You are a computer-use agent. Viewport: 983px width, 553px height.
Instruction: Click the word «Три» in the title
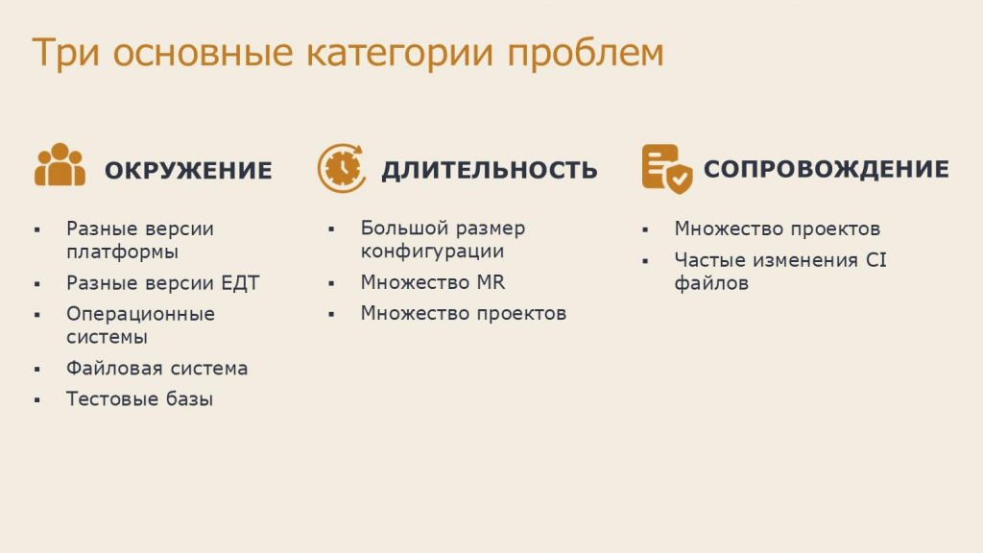[66, 53]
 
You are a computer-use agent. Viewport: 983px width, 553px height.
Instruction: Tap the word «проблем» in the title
[585, 53]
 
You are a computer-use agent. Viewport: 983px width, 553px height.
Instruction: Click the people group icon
[60, 165]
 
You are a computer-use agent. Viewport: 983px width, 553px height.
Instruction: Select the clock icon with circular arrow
[342, 168]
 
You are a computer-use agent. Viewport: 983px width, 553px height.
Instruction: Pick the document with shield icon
[667, 169]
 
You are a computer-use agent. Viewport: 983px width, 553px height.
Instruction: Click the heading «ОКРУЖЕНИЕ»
[188, 171]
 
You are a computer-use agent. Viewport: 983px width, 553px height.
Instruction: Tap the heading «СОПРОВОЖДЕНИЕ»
[827, 169]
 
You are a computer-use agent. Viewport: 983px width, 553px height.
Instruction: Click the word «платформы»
[122, 252]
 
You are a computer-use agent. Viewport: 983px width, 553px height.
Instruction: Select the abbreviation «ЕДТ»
[240, 283]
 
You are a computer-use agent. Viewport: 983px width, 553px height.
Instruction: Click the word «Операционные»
[140, 314]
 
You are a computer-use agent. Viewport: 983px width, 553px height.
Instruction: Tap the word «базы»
[189, 398]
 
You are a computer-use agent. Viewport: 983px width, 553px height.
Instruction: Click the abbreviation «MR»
[491, 282]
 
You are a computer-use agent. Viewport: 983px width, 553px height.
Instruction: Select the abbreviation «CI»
[875, 259]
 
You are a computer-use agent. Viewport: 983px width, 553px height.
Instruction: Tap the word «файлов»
[711, 283]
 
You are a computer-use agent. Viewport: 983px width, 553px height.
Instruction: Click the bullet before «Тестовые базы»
[37, 399]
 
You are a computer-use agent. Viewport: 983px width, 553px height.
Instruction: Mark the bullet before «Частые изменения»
[645, 261]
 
